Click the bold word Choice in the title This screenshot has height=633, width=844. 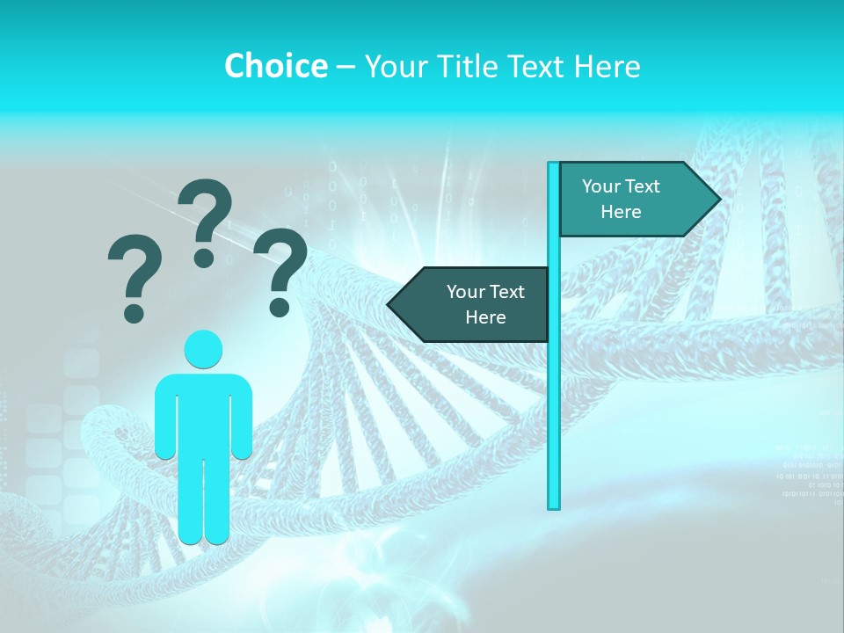pyautogui.click(x=275, y=66)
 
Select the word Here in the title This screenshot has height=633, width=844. pyautogui.click(x=607, y=66)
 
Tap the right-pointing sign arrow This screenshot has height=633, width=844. pyautogui.click(x=633, y=199)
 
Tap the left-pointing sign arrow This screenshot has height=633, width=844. pyautogui.click(x=475, y=304)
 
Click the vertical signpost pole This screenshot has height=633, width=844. pyautogui.click(x=554, y=396)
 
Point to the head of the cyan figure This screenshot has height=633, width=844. pyautogui.click(x=203, y=349)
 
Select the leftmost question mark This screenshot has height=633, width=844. pyautogui.click(x=135, y=268)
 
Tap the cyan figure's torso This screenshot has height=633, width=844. pyautogui.click(x=203, y=413)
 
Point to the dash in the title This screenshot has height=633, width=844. pyautogui.click(x=346, y=67)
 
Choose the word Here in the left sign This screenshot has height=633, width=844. pyautogui.click(x=485, y=317)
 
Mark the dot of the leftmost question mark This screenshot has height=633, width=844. pyautogui.click(x=134, y=312)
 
